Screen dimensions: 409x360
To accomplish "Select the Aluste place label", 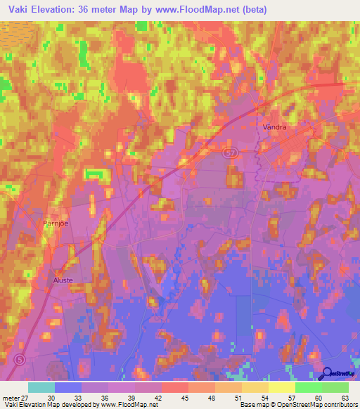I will click(63, 280).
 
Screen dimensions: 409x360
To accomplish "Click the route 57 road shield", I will click(231, 152).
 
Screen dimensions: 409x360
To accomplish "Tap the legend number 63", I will click(345, 398).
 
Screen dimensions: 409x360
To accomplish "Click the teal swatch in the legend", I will click(41, 387).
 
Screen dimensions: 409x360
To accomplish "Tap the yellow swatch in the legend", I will click(281, 387).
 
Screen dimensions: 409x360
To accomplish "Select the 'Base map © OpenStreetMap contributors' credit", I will click(297, 405).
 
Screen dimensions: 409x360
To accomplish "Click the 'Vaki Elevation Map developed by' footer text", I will click(51, 405).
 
